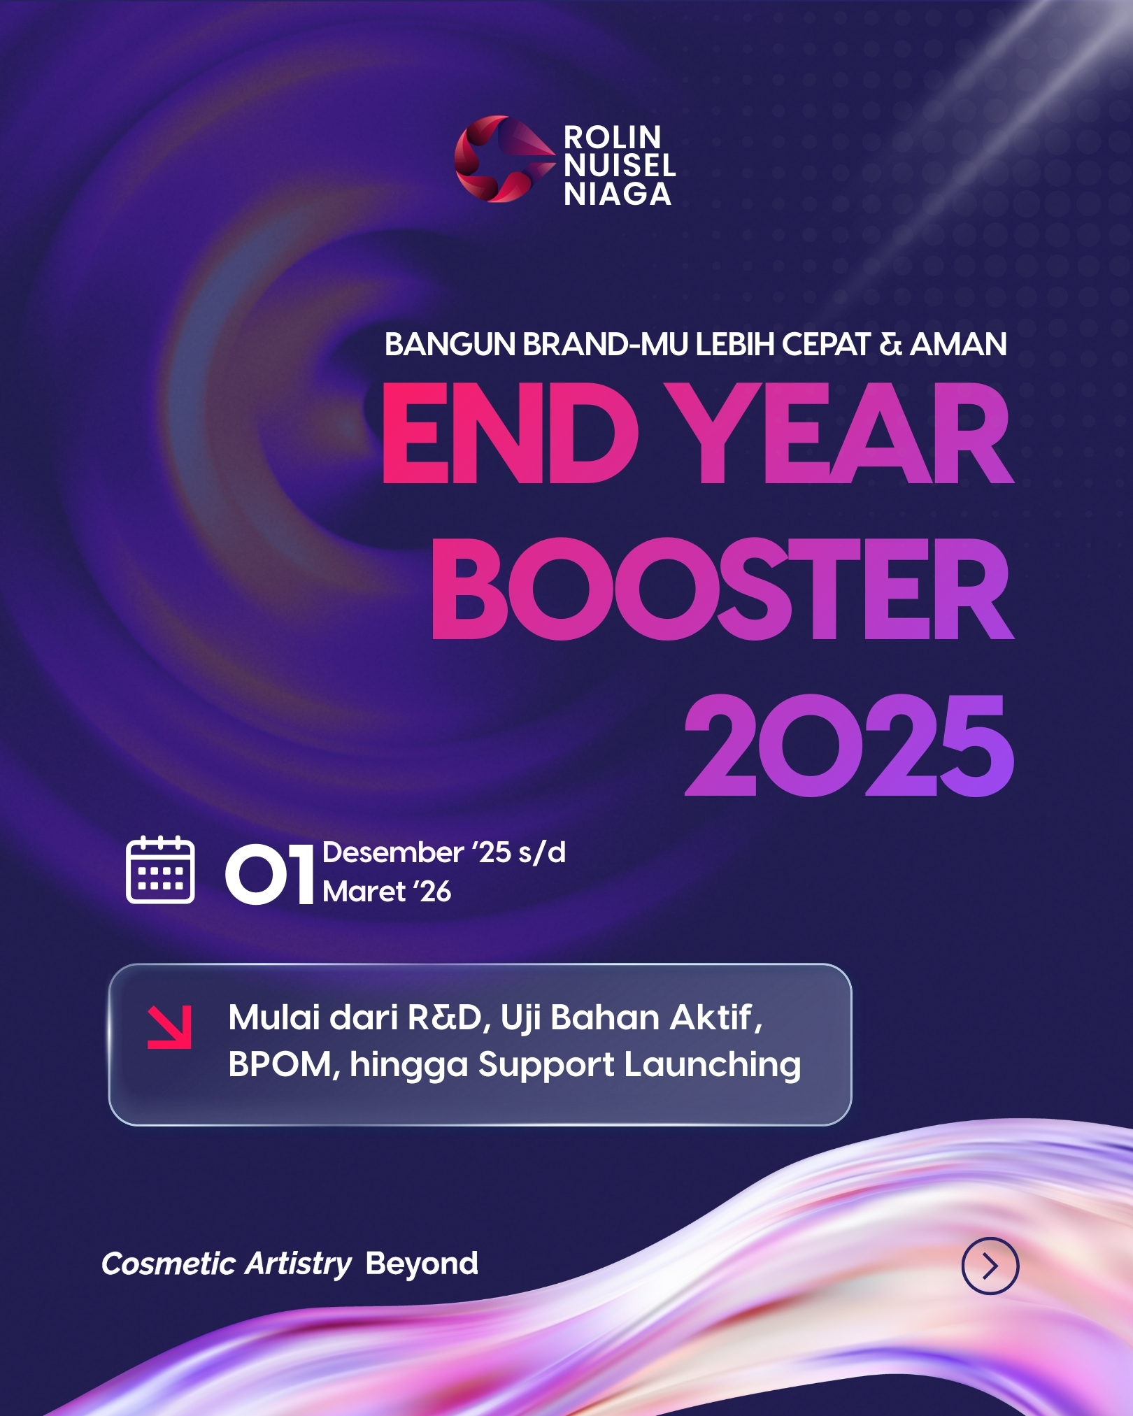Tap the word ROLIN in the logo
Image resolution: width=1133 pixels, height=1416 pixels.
tap(613, 137)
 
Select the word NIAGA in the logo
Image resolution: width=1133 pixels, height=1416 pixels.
tap(618, 194)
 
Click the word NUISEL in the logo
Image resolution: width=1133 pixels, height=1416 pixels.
tap(620, 166)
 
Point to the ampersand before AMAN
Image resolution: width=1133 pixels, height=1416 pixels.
tap(890, 344)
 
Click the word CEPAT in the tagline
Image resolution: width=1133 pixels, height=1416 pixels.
tap(826, 344)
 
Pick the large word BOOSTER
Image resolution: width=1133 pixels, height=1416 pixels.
tap(722, 589)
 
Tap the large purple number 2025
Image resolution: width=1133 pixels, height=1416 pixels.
tap(849, 745)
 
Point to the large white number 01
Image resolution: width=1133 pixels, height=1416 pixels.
tap(269, 873)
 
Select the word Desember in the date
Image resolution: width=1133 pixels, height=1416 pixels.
tap(393, 852)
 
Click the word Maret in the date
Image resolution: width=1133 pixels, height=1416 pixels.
tap(364, 892)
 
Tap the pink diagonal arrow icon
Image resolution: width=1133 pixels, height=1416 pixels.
tap(169, 1027)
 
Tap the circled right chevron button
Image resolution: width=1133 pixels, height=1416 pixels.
tap(990, 1266)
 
